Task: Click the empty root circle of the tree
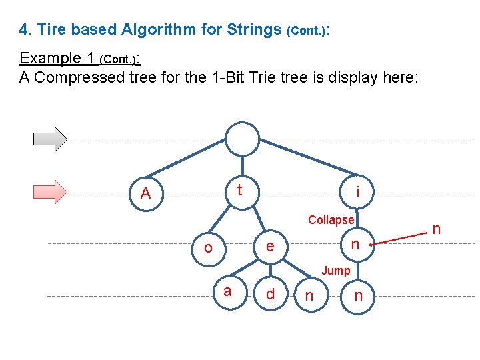coord(241,139)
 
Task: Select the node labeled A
coord(146,194)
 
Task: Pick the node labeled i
coord(359,193)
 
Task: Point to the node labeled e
coord(269,247)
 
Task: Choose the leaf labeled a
coord(227,291)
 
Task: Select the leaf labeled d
coord(270,294)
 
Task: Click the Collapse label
coord(331,219)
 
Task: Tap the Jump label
coord(335,270)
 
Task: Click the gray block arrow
coord(51,138)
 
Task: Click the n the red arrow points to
coord(355,245)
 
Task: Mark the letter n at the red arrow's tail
coord(437,229)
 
